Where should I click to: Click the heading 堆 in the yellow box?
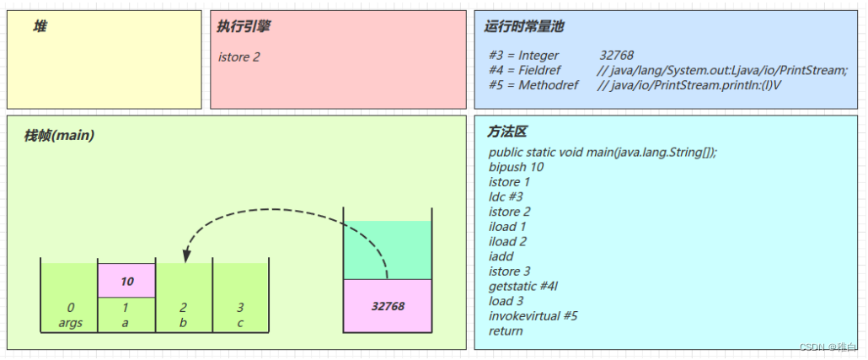coord(40,27)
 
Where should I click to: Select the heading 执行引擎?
coord(244,27)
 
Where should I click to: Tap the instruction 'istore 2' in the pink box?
coord(239,57)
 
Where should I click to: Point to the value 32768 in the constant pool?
coord(617,56)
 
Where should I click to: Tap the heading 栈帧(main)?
coord(59,136)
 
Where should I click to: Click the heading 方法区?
coord(507,133)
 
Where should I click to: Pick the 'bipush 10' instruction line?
coord(516,167)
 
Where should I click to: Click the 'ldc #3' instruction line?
coord(506,196)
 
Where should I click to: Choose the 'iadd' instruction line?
coord(501,256)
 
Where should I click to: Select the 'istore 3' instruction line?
coord(510,271)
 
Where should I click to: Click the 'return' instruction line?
coord(506,331)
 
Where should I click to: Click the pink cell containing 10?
coord(127,281)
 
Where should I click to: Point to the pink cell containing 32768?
coord(388,305)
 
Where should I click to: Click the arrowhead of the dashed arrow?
coord(186,254)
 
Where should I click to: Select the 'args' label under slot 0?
coord(71,323)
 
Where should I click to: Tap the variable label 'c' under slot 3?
coord(241,323)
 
